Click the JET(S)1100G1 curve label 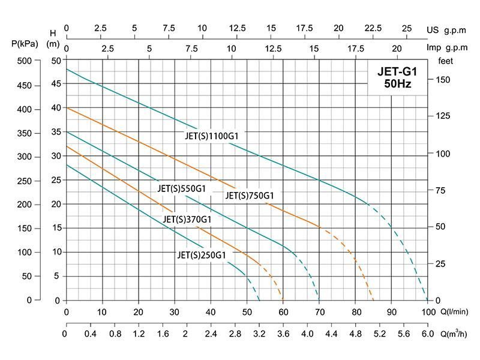click(212, 136)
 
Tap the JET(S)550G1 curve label click(181, 188)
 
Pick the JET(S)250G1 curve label click(202, 255)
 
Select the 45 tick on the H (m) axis click(55, 84)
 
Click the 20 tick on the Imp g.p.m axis click(397, 48)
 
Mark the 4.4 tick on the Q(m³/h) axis click(332, 334)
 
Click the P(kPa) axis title click(24, 43)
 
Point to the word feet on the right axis click(445, 61)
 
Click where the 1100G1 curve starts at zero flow click(66, 70)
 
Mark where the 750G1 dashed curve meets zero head click(373, 300)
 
